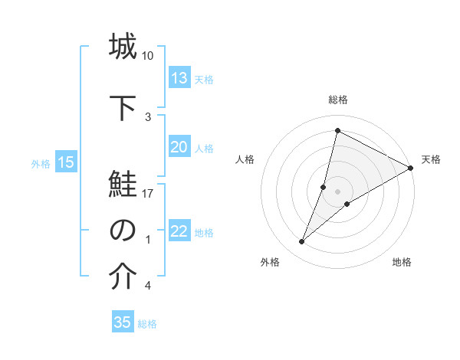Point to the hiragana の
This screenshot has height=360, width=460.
tap(123, 231)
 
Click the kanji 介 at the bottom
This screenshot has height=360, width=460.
tap(123, 277)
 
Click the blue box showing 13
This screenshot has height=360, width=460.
tap(179, 78)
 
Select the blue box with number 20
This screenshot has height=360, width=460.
tap(179, 147)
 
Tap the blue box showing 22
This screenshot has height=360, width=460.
tap(179, 231)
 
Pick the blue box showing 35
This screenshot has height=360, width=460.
tap(123, 322)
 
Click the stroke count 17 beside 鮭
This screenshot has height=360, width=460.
tap(149, 194)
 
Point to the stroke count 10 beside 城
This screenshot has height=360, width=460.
tap(148, 56)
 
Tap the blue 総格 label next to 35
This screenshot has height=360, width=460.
tap(147, 324)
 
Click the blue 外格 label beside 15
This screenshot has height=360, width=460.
tap(41, 163)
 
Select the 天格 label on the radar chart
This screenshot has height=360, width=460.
tap(431, 159)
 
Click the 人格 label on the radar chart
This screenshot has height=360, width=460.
tap(245, 159)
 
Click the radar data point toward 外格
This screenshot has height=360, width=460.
tap(302, 242)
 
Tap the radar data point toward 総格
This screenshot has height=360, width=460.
tap(337, 130)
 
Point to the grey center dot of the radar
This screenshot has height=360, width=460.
tap(337, 191)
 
